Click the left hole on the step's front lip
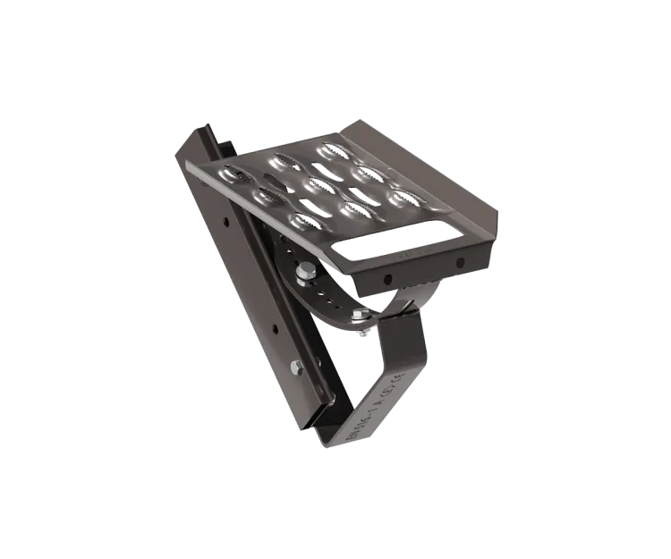(388, 279)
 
